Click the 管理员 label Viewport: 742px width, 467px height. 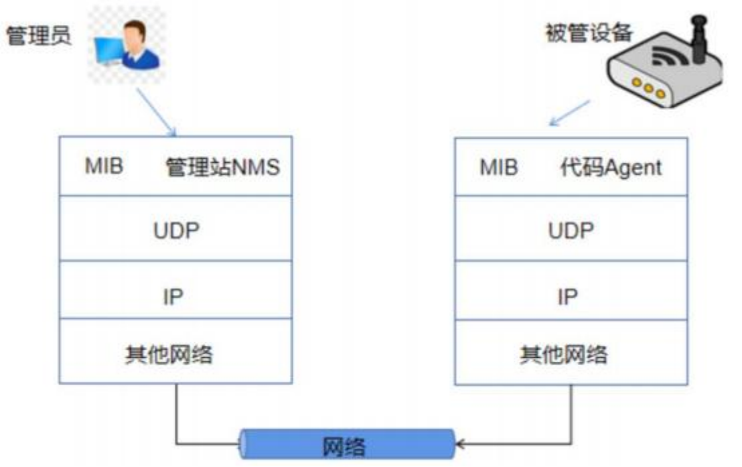pyautogui.click(x=38, y=36)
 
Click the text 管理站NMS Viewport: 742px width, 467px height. pyautogui.click(x=222, y=167)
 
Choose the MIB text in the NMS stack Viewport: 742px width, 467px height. pyautogui.click(x=104, y=166)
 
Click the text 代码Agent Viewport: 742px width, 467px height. pyautogui.click(x=610, y=167)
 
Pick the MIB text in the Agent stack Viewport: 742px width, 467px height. pyautogui.click(x=499, y=167)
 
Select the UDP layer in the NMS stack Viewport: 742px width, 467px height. pyautogui.click(x=175, y=230)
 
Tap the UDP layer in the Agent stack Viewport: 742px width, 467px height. pyautogui.click(x=571, y=230)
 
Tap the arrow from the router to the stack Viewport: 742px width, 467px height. pyautogui.click(x=570, y=113)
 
